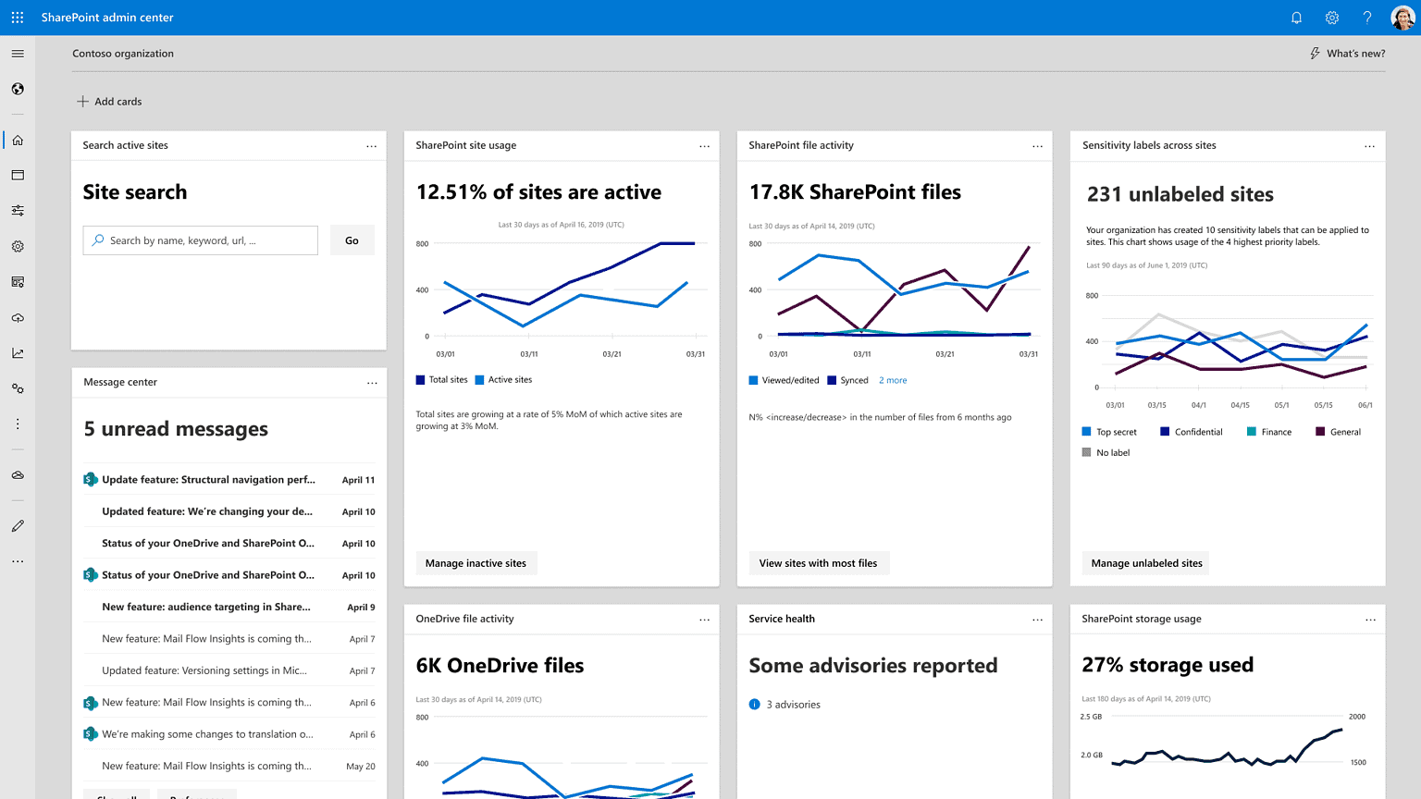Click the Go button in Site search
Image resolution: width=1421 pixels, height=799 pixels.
point(352,240)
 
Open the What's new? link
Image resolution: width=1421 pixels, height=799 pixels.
point(1347,54)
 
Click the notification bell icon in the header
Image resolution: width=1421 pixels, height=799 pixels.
point(1296,18)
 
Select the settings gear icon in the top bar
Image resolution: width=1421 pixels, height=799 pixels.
point(1332,18)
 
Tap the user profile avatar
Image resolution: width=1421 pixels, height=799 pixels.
point(1402,18)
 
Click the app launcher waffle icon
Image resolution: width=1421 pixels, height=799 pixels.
point(18,18)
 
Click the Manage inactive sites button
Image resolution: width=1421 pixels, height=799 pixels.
point(476,563)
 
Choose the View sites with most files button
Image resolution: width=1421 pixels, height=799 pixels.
point(818,563)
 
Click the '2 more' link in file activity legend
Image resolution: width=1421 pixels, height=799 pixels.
point(893,380)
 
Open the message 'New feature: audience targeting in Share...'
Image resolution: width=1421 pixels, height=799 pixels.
point(206,608)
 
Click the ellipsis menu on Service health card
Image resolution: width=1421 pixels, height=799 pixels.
point(1037,620)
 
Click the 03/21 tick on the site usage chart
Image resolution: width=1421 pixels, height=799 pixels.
point(612,354)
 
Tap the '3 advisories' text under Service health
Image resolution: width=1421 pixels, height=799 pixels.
point(793,705)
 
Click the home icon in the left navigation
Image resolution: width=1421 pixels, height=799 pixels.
point(18,141)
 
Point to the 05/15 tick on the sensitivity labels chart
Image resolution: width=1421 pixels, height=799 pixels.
point(1323,405)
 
